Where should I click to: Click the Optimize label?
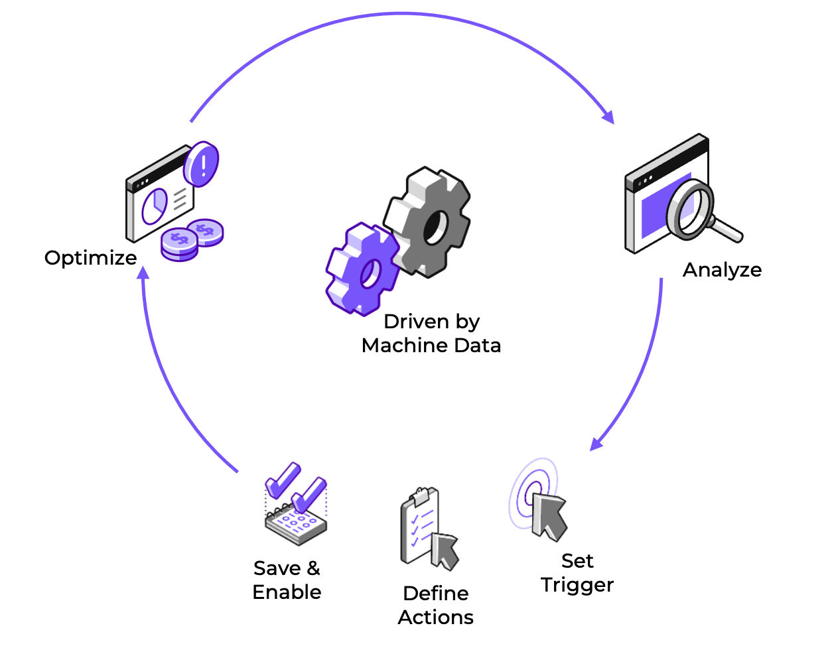coord(91,258)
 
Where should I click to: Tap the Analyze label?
coord(722,270)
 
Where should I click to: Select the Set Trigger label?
coord(577,573)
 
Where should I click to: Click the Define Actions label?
coord(436,606)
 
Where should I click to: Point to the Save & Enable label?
coord(287,580)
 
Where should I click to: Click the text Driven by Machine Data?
coord(431,334)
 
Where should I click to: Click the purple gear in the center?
coord(362,269)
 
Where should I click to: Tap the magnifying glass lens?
coord(690,210)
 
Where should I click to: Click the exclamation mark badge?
coord(201,164)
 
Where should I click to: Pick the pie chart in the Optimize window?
coord(155,206)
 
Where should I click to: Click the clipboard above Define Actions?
coord(419,525)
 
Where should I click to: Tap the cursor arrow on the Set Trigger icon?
coord(549,517)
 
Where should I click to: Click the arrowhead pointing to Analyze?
coord(609,117)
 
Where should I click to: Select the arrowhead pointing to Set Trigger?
coord(596,444)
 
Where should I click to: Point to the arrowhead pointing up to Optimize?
coord(143,273)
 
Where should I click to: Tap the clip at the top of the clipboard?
coord(420,496)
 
